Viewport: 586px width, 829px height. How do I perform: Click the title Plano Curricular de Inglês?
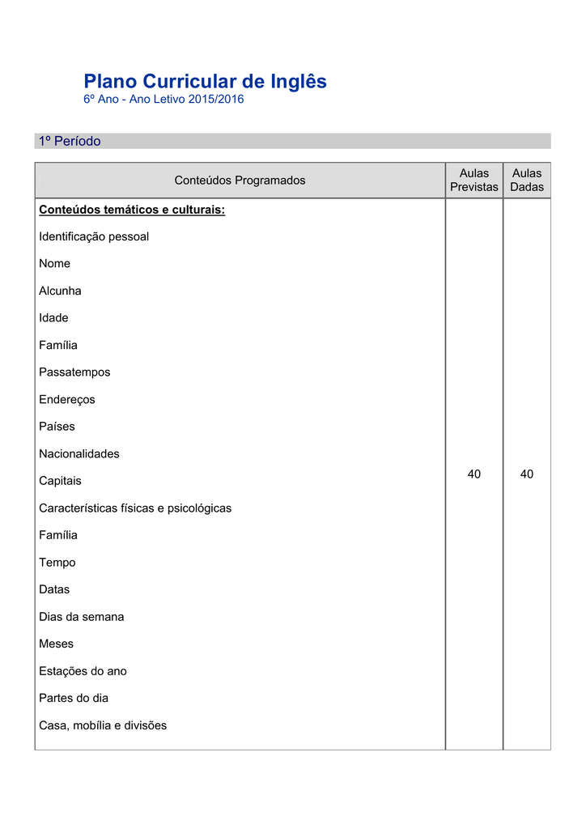click(205, 82)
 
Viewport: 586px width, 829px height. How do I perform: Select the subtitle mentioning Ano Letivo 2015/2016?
click(163, 100)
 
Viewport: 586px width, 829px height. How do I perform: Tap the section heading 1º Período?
click(70, 141)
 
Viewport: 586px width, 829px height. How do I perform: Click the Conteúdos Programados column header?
click(240, 180)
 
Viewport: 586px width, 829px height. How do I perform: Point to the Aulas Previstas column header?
click(473, 180)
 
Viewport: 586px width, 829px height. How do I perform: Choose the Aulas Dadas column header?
click(527, 180)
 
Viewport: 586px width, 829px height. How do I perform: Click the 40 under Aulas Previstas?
click(473, 474)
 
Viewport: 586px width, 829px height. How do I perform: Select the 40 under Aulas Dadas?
click(527, 474)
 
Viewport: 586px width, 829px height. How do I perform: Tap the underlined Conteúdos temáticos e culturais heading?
click(132, 210)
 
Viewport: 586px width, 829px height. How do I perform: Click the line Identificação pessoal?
click(94, 236)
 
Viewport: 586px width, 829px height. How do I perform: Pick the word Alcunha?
click(60, 291)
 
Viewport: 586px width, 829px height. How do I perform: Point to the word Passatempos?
click(74, 372)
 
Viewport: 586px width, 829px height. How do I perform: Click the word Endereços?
click(67, 399)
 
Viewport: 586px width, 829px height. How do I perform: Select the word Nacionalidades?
click(79, 453)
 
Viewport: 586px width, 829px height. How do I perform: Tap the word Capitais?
click(60, 481)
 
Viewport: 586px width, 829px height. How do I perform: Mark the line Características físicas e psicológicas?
click(135, 508)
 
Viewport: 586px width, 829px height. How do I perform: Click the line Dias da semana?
click(82, 616)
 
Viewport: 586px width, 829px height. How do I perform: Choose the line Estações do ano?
click(83, 670)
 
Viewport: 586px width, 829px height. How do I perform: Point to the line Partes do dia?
click(74, 698)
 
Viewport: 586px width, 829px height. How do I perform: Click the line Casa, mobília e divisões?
click(103, 725)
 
